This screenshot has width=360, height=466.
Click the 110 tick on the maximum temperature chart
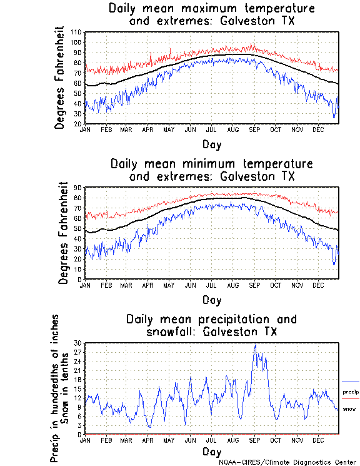pyautogui.click(x=76, y=32)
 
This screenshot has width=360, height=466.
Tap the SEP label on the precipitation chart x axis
pyautogui.click(x=255, y=440)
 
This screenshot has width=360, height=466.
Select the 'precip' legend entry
pyautogui.click(x=351, y=392)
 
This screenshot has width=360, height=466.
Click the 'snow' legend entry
pyautogui.click(x=349, y=408)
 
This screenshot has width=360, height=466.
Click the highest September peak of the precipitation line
pyautogui.click(x=255, y=343)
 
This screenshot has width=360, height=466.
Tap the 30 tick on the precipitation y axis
pyautogui.click(x=77, y=343)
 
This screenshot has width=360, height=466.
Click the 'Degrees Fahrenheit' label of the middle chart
pyautogui.click(x=64, y=233)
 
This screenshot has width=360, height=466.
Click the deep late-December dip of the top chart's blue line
pyautogui.click(x=334, y=116)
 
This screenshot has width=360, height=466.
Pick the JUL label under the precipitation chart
pyautogui.click(x=212, y=440)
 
